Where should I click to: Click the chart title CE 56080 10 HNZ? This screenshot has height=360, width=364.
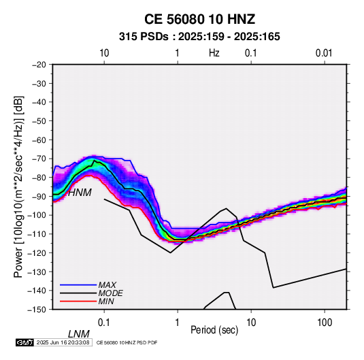point(199,19)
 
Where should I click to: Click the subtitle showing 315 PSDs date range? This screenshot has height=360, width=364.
point(199,37)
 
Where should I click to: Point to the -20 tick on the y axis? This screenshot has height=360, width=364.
point(39,65)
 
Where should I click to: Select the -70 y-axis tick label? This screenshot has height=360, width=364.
point(39,159)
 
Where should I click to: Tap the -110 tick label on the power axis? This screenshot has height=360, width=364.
point(37,234)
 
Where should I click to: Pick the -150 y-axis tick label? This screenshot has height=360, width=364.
point(37,310)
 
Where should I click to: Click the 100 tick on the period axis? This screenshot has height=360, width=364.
point(325,323)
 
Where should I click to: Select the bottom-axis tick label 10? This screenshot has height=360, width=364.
point(251,323)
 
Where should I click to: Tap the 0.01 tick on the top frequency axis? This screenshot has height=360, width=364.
point(324,53)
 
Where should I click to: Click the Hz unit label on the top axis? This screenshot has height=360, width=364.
point(214,53)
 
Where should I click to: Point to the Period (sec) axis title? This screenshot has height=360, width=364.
point(214,330)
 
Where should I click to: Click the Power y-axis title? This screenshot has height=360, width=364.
point(18,187)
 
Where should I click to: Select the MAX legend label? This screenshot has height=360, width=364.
point(107,285)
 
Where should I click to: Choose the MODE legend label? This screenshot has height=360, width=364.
point(110,293)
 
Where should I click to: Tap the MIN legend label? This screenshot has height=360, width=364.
point(106,301)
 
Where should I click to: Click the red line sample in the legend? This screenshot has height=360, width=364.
point(78,301)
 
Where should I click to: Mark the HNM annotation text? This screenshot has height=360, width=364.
point(80,193)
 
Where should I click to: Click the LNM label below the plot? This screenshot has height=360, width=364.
point(78,334)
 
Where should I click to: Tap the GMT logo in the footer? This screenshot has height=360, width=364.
point(25,342)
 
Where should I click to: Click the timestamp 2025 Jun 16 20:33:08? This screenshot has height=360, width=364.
point(63,342)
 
